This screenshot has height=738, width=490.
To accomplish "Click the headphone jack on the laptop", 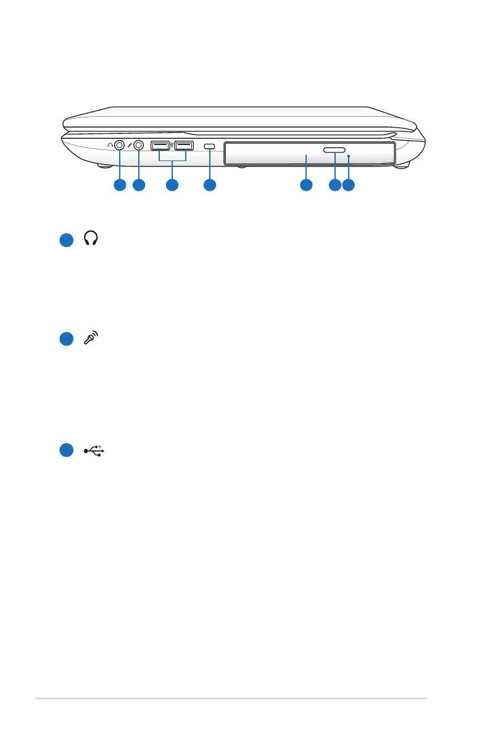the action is click(119, 146).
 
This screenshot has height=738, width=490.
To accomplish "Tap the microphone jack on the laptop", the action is click(139, 146).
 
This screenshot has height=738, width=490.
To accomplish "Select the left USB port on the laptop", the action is click(160, 146).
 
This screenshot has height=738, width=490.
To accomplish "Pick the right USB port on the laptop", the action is click(183, 146).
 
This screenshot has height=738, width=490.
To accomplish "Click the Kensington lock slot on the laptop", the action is click(209, 146).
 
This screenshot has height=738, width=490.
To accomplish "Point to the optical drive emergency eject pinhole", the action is click(349, 157).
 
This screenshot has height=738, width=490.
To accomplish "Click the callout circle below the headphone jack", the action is click(119, 184).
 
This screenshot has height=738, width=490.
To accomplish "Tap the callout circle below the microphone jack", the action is click(139, 184).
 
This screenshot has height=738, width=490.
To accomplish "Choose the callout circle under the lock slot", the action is click(209, 184).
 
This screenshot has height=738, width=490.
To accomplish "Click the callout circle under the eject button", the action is click(334, 184).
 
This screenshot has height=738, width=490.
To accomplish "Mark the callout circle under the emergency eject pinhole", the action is click(349, 184).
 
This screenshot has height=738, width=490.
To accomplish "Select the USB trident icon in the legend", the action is click(94, 450).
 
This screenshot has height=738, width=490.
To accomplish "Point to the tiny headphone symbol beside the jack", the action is click(109, 145).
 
